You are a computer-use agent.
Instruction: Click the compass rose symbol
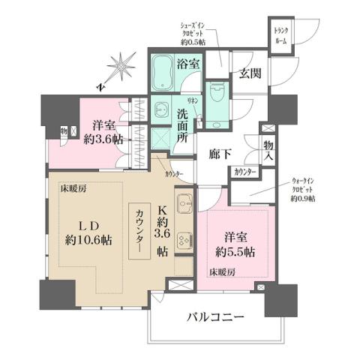pos(119,68)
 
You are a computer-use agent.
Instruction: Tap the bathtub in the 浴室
pos(162,74)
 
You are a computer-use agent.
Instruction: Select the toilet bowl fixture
pos(217,97)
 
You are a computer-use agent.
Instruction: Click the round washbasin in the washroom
pos(160,108)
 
